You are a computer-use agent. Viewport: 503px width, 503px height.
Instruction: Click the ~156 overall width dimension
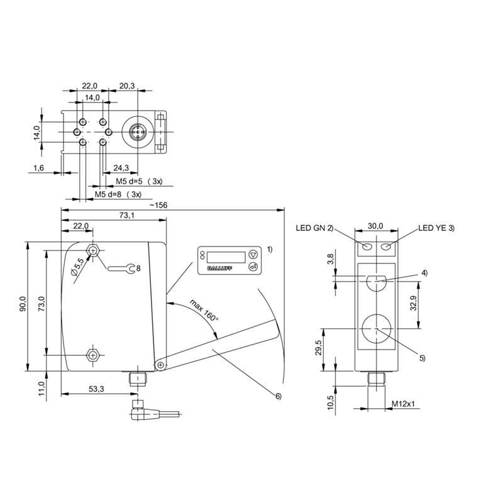click(x=159, y=205)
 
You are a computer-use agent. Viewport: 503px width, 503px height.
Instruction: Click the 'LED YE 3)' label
click(x=436, y=228)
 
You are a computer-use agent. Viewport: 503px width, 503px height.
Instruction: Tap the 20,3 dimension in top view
click(x=126, y=86)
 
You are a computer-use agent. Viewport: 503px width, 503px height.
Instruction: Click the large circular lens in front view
click(x=375, y=328)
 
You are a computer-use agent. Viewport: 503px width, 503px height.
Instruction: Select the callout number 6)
click(x=278, y=395)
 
